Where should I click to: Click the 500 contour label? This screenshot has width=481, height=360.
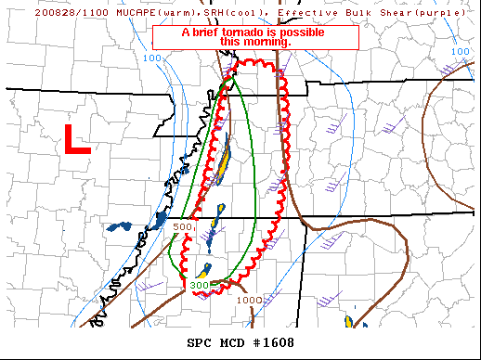[x=183, y=226]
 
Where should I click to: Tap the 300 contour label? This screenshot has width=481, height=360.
[x=200, y=285]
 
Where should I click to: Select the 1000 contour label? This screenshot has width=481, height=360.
[x=249, y=300]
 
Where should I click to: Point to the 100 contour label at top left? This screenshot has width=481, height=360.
[x=152, y=58]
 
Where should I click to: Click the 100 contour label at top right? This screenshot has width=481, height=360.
[x=460, y=52]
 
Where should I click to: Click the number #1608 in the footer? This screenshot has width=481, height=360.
[x=273, y=343]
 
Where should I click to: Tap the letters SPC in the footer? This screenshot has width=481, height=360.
[x=200, y=343]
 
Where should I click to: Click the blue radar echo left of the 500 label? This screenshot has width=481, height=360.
[x=118, y=226]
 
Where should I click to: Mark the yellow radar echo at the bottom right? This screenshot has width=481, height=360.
[x=349, y=321]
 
